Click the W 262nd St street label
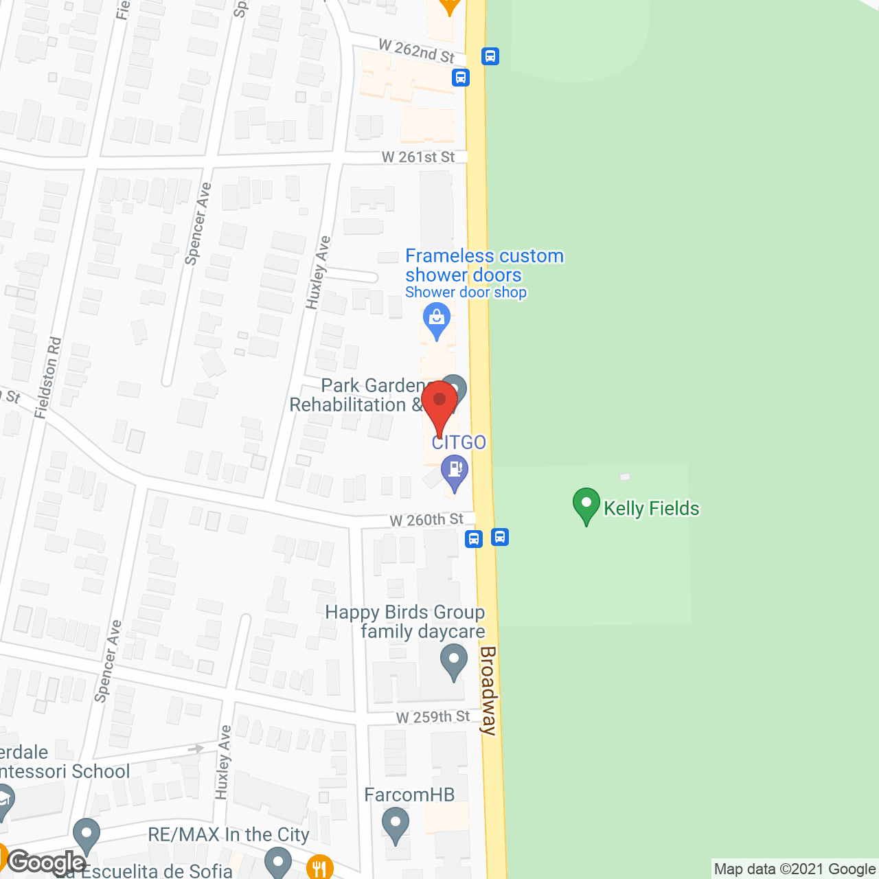(416, 51)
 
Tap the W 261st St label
(418, 157)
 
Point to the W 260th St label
(426, 520)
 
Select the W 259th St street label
(433, 717)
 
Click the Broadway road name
(488, 690)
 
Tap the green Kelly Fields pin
(586, 505)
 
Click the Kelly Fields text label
(651, 509)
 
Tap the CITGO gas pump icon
(454, 471)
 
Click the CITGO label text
(459, 442)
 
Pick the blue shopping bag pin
(436, 320)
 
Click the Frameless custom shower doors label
(484, 265)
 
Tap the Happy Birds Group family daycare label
(405, 621)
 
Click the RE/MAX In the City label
(229, 834)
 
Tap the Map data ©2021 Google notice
(795, 869)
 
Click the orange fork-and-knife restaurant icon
(320, 867)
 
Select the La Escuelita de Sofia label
(144, 871)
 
